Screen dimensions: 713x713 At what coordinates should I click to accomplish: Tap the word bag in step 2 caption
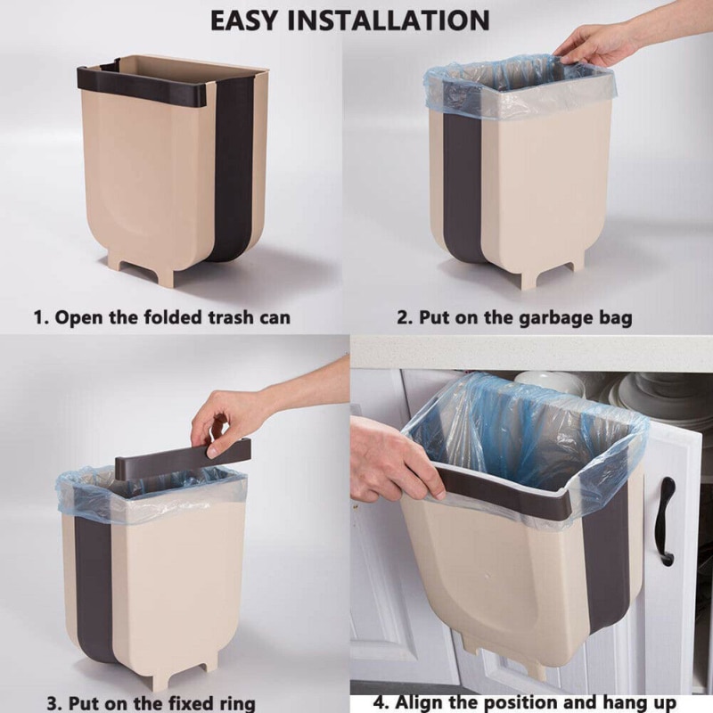[x=614, y=317]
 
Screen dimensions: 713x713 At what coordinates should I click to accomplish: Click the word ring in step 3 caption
[x=234, y=702]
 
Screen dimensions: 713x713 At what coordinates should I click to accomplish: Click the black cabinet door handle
[x=666, y=520]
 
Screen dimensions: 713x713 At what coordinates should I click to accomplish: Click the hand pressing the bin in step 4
[x=392, y=459]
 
